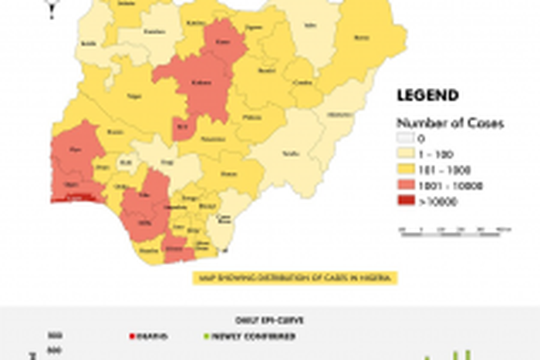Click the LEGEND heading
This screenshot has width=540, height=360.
pyautogui.click(x=427, y=96)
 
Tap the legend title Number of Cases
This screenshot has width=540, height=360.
pyautogui.click(x=439, y=123)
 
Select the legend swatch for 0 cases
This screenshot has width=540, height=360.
pyautogui.click(x=406, y=140)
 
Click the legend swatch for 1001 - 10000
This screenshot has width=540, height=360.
pyautogui.click(x=406, y=186)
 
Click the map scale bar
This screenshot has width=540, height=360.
pyautogui.click(x=455, y=230)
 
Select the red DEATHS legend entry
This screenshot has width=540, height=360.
pyautogui.click(x=150, y=336)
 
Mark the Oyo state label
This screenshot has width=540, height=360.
pyautogui.click(x=75, y=150)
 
